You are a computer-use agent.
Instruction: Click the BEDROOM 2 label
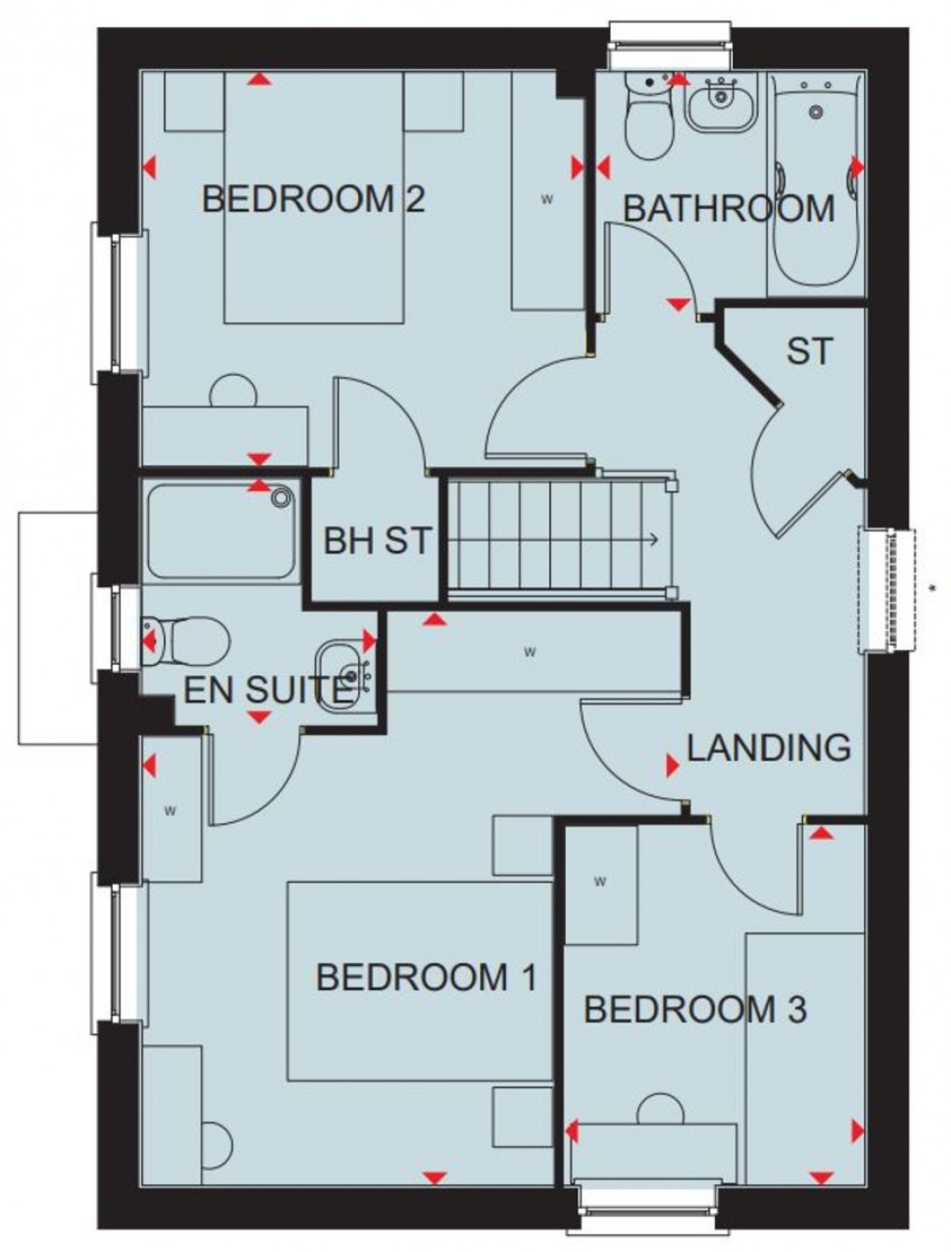(314, 199)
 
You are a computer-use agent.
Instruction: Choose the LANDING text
(768, 748)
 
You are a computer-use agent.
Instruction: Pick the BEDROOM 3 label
(696, 1011)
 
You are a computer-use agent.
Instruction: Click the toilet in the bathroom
(649, 117)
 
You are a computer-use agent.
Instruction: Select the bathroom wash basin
(723, 103)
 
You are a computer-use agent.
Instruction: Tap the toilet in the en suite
(186, 641)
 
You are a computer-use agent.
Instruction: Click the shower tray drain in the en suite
(280, 498)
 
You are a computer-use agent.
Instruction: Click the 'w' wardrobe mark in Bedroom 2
(547, 199)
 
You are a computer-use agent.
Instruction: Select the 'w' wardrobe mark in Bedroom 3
(600, 882)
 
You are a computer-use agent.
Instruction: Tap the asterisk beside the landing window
(933, 587)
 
